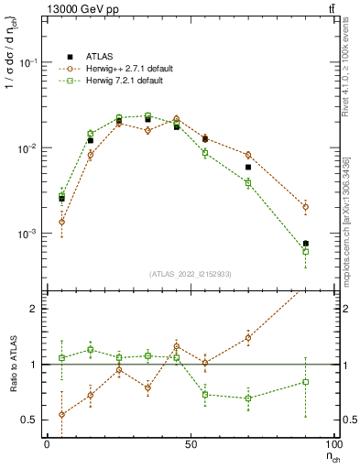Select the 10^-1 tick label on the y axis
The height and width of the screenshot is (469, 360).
click(30, 62)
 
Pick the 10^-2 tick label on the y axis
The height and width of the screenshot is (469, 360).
click(30, 148)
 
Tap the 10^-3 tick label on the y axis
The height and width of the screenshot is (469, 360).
click(30, 234)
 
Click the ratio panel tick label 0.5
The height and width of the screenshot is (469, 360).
click(32, 420)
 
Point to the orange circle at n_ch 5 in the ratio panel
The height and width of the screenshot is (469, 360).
click(61, 414)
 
